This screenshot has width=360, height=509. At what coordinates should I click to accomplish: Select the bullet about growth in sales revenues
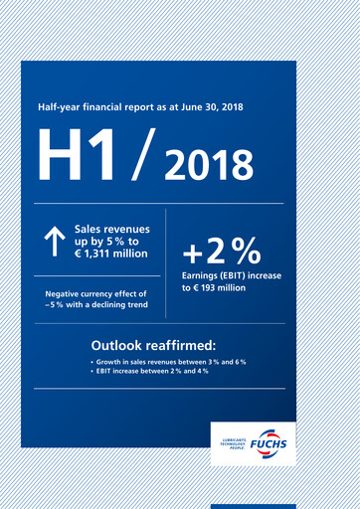(170, 362)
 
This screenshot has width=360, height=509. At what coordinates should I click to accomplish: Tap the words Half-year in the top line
(59, 105)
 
